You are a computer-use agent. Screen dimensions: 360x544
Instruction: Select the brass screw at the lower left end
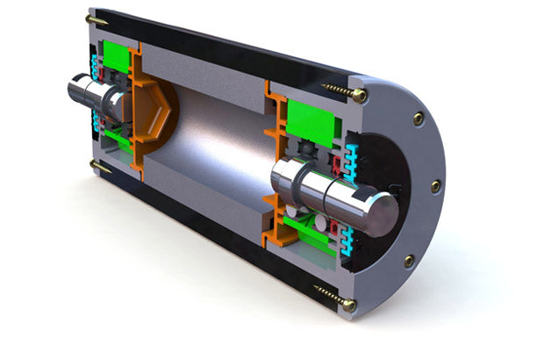tap(99, 165)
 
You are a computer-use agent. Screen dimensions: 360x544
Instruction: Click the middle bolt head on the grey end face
tap(436, 185)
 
